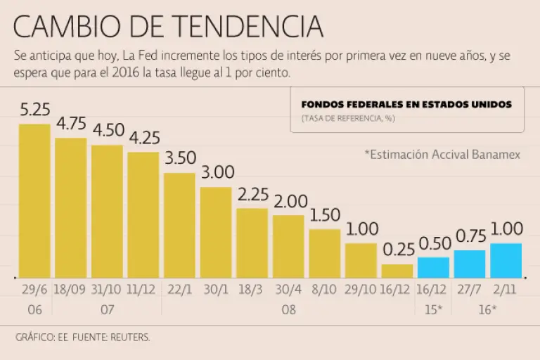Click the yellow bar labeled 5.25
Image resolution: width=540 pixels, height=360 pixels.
point(34,200)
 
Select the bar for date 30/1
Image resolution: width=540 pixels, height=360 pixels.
point(216,232)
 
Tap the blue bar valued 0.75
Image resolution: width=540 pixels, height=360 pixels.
point(470,264)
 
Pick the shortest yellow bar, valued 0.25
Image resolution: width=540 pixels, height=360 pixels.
point(397,271)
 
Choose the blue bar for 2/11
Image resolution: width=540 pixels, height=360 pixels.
point(506,260)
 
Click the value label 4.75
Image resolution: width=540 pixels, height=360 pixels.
point(71,124)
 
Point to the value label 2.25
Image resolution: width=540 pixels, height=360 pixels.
point(252,195)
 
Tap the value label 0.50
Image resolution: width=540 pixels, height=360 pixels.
point(434,244)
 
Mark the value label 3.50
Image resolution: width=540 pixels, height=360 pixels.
point(180,159)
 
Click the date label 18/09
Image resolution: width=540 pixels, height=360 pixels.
point(71,290)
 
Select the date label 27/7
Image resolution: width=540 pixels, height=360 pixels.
point(470,290)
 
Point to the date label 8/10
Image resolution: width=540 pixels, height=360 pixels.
point(325,290)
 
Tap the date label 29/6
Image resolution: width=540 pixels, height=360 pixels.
point(34,290)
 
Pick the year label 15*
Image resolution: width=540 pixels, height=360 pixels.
point(433,309)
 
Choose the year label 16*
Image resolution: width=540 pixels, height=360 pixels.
point(487,309)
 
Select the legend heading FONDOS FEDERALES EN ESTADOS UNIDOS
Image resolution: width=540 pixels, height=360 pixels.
point(406,105)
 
